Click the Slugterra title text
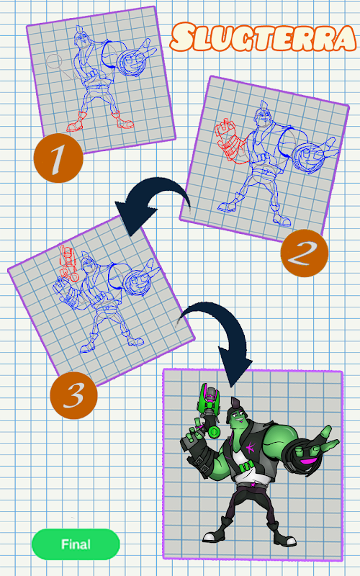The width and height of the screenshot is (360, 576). tap(263, 37)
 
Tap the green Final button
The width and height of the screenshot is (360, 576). tap(76, 544)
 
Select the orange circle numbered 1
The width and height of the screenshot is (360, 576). tap(58, 158)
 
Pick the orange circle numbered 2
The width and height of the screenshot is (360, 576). tap(304, 253)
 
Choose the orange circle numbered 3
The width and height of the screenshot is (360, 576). tap(74, 395)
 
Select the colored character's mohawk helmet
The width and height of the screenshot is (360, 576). tap(236, 408)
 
